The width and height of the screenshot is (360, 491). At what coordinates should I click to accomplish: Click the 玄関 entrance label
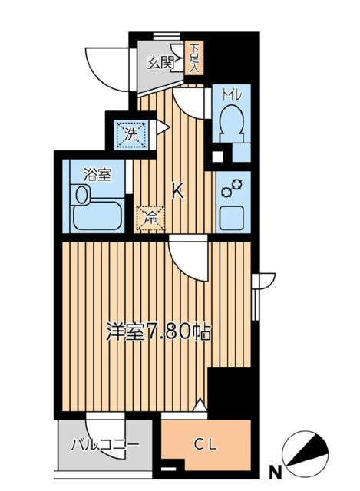(161, 62)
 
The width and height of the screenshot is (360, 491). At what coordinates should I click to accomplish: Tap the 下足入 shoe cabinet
(195, 58)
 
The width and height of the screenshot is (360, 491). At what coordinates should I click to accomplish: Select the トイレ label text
(231, 95)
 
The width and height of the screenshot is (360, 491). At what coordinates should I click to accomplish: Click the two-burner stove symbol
(232, 186)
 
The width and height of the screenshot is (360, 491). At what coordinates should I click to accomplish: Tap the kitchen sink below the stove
(232, 217)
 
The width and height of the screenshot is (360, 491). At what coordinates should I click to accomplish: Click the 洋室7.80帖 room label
(158, 333)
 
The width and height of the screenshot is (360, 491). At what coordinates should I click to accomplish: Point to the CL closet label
(205, 443)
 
